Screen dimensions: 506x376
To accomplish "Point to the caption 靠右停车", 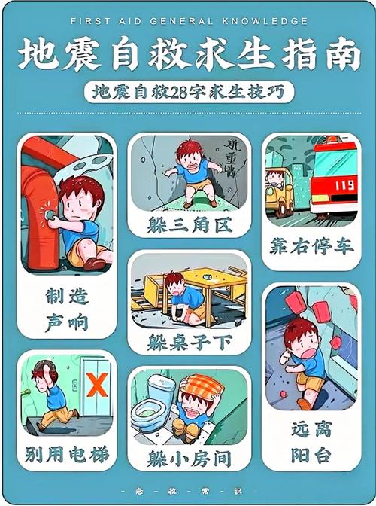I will tap(311, 246).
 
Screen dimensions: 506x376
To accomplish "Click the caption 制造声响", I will tap(67, 309).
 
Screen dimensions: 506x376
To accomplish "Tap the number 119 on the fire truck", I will tap(343, 184).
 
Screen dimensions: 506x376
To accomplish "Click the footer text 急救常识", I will tap(188, 492).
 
